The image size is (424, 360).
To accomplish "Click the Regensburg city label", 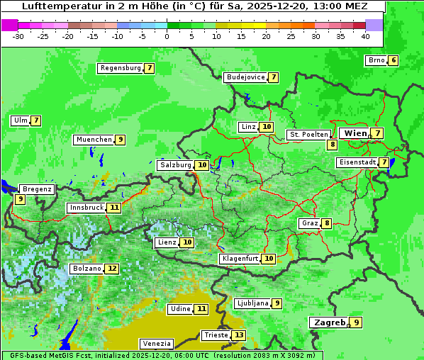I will point(121,68).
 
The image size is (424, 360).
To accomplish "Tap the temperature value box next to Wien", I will point(378,133).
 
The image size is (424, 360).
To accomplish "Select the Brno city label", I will point(376,60).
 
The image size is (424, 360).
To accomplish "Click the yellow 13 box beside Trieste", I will point(239,335).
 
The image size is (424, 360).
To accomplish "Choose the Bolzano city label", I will point(87,269).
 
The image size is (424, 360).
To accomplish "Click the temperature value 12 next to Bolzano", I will point(112,269).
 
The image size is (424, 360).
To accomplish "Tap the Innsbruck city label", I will point(86,208).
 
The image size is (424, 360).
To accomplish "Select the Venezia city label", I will point(156,344).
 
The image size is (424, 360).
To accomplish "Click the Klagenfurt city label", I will point(239,259).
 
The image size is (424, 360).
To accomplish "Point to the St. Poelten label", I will point(308,134).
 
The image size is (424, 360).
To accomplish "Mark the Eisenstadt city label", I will point(357,162).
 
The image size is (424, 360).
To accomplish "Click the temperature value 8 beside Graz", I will point(326,223).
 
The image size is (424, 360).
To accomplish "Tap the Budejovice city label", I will point(245,77).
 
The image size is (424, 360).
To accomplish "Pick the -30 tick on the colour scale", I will point(18,35).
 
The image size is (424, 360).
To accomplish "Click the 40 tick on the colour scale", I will point(365,35).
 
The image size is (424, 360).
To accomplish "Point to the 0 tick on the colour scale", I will point(167,35).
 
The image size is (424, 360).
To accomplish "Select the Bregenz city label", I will point(37,189).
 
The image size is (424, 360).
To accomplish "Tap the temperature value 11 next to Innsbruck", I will point(114,208).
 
